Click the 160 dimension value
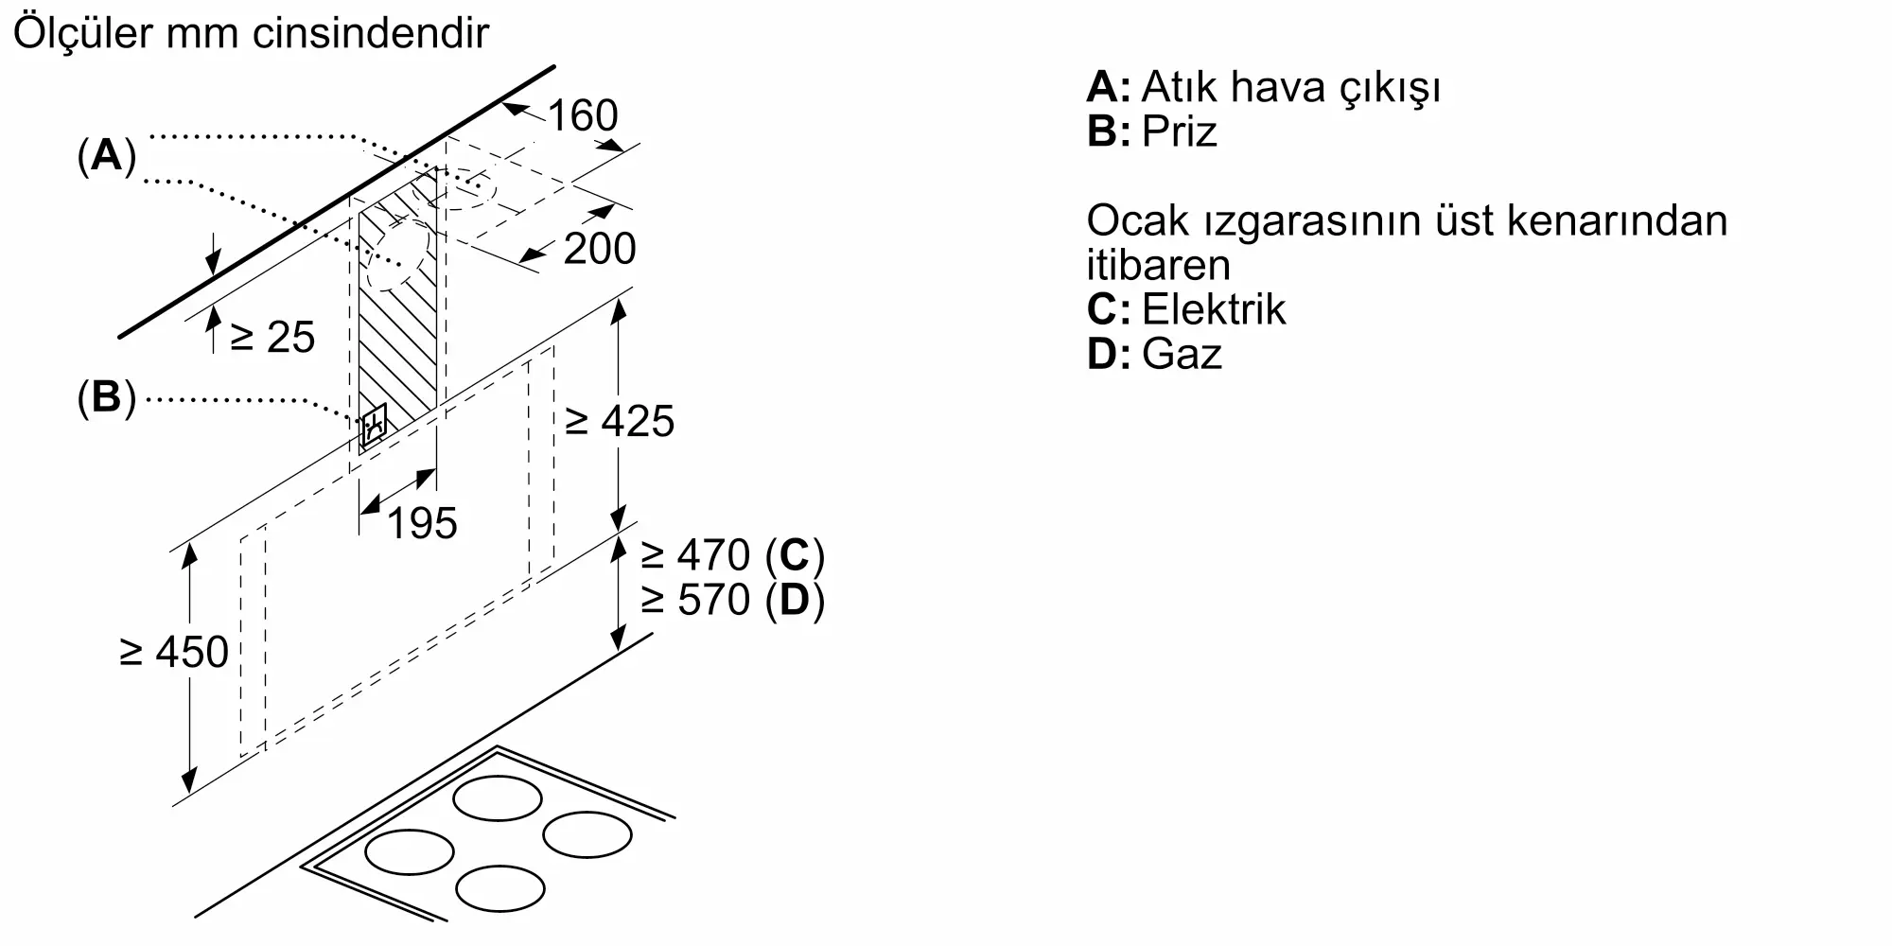(x=582, y=115)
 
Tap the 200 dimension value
(x=600, y=249)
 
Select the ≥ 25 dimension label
(x=272, y=338)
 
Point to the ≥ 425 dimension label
(x=620, y=421)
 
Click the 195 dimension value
(x=422, y=523)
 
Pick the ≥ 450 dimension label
(x=174, y=652)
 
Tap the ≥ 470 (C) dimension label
(x=732, y=555)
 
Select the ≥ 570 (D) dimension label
(x=732, y=600)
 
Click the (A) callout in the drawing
(x=107, y=155)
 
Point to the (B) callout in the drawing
(x=107, y=398)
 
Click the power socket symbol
(x=374, y=427)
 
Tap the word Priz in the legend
(x=1179, y=131)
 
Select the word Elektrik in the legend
(x=1214, y=309)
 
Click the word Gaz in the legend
(x=1182, y=354)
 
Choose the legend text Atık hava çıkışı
(x=1291, y=87)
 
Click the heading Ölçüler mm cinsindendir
(x=251, y=33)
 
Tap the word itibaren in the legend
(x=1158, y=265)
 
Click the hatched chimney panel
(x=397, y=312)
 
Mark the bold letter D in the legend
(x=1103, y=354)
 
